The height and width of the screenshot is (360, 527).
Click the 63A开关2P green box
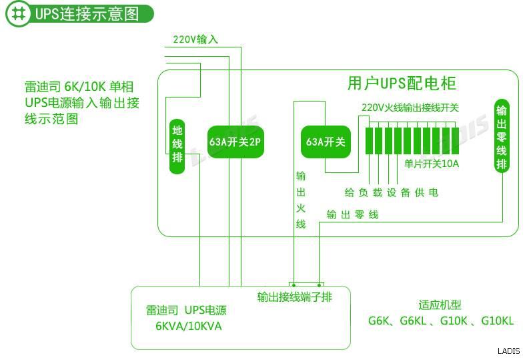point(235,142)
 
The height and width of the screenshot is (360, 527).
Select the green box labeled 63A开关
point(325,142)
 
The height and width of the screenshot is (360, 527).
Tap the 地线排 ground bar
point(177,144)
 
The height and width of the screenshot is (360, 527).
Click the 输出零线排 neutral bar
point(502,136)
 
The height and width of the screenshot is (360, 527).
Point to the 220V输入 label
point(195,39)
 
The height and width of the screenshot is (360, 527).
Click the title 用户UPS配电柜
point(402,83)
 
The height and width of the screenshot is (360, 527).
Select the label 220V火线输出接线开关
point(410,107)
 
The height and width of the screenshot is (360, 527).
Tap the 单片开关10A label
point(432,163)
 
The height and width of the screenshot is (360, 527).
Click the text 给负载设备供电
point(391,192)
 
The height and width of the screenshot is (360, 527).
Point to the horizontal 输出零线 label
point(352,214)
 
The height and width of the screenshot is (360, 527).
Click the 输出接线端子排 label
point(294,297)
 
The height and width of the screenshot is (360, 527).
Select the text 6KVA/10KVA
point(188,326)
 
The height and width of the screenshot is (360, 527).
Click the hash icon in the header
point(20,14)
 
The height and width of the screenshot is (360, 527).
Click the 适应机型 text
point(440,305)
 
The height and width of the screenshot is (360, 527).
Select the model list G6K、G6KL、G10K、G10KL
point(441,321)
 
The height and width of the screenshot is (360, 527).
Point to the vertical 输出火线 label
point(301,200)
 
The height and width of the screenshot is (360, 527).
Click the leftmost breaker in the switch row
point(369,139)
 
